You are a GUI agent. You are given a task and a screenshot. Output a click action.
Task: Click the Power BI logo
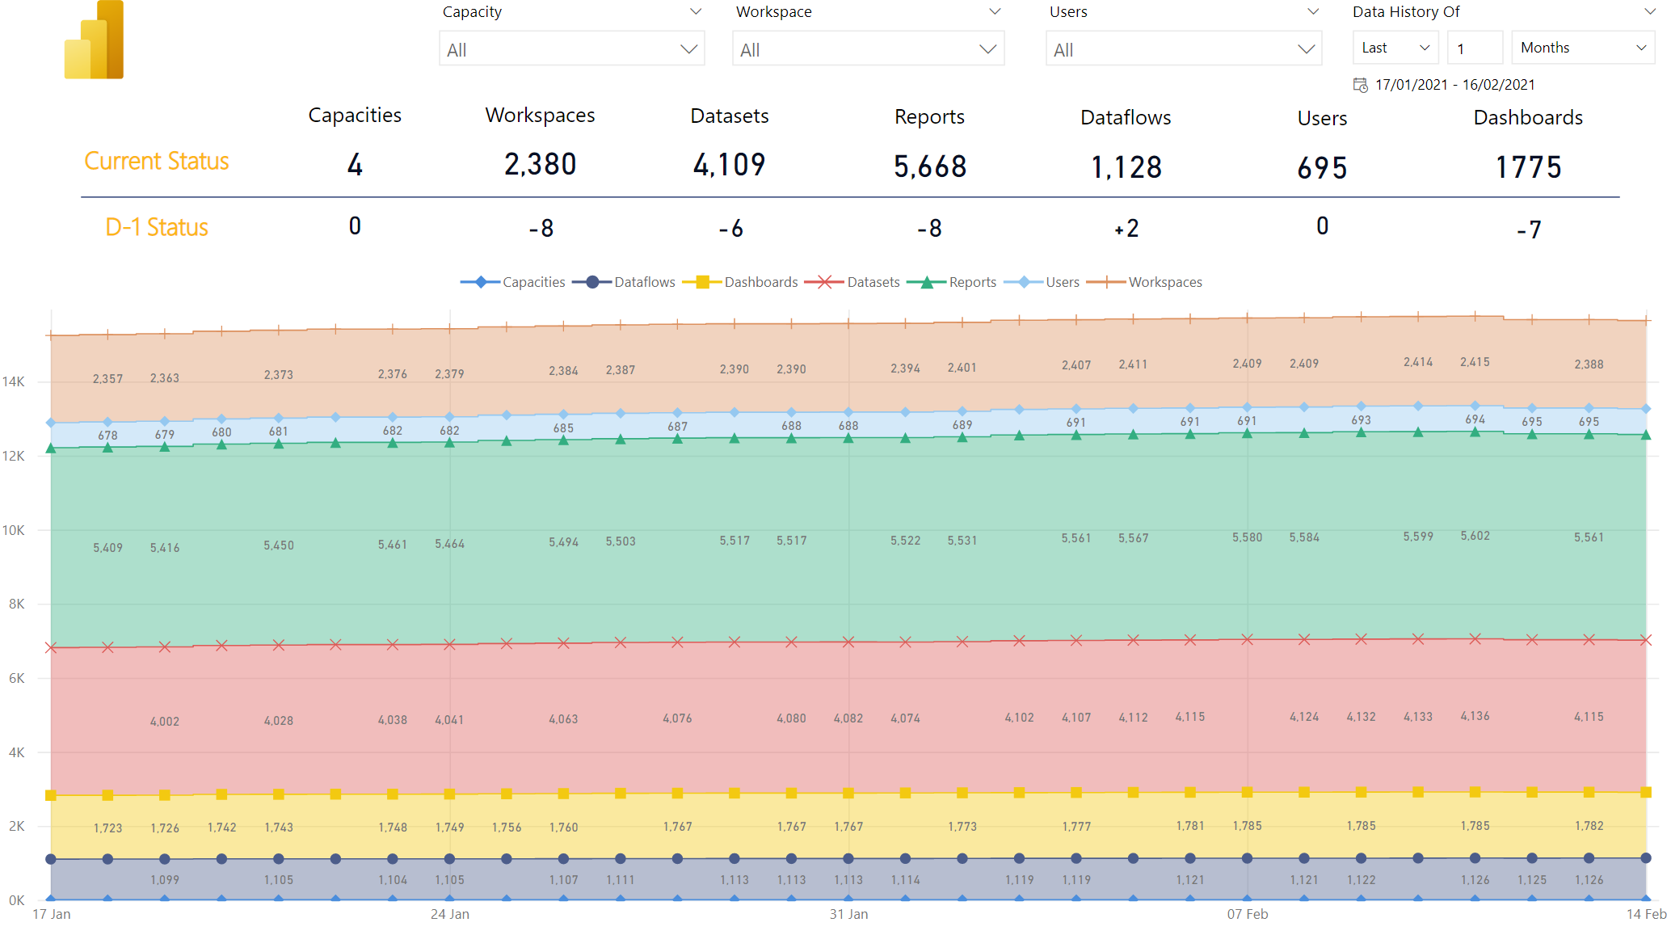coord(94,40)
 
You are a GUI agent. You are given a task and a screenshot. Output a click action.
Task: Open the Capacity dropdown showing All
coord(571,48)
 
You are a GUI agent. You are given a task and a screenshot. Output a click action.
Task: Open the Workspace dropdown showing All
coord(868,48)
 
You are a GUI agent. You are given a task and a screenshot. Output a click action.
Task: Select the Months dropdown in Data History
coord(1583,48)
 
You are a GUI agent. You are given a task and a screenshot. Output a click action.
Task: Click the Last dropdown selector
coord(1395,48)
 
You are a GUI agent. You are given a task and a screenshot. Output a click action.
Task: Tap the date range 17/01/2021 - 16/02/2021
coord(1454,85)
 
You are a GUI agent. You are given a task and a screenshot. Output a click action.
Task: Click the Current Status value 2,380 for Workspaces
coord(541,164)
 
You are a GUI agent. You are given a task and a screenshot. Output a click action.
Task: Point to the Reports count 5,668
coord(930,166)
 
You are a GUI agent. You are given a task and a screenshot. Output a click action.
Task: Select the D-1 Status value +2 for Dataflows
coord(1126,229)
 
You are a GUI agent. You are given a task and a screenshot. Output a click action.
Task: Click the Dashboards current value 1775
coord(1528,167)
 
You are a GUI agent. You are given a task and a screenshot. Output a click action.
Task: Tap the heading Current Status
coord(157,161)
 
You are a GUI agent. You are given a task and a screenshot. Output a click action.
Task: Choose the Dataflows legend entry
coord(624,282)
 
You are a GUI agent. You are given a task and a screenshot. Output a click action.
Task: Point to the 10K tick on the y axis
coord(14,530)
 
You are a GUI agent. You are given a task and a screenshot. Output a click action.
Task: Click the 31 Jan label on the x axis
coord(848,914)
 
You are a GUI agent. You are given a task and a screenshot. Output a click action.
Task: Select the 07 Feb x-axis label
coord(1248,914)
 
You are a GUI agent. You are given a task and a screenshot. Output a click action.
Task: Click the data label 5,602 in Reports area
coord(1475,536)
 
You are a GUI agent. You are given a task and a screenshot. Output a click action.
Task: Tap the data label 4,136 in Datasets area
coord(1475,716)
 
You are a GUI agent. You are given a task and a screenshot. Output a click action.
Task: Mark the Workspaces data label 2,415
coord(1475,362)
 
